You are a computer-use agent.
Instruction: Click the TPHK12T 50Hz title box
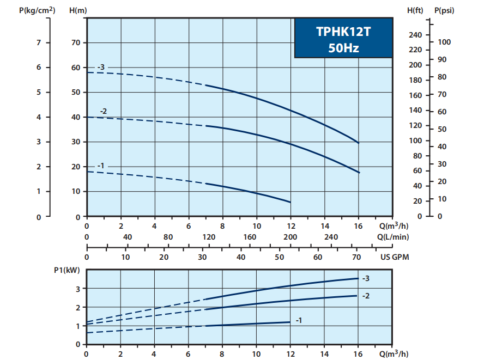pyautogui.click(x=343, y=38)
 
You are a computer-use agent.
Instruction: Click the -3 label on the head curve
pyautogui.click(x=101, y=67)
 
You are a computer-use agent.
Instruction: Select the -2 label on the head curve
pyautogui.click(x=104, y=111)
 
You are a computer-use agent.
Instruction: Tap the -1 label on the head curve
pyautogui.click(x=101, y=166)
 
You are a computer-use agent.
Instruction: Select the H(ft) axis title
pyautogui.click(x=415, y=10)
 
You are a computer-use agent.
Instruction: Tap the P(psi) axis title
pyautogui.click(x=444, y=10)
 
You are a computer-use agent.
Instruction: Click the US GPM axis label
pyautogui.click(x=395, y=257)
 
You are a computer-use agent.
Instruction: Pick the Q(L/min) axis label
pyautogui.click(x=393, y=237)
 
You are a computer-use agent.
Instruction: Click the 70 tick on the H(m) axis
pyautogui.click(x=76, y=42)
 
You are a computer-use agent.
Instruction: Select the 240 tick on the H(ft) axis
pyautogui.click(x=415, y=35)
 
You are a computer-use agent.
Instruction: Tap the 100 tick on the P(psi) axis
pyautogui.click(x=445, y=42)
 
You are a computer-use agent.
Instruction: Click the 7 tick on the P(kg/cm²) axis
pyautogui.click(x=39, y=42)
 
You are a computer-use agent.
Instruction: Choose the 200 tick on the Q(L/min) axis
pyautogui.click(x=291, y=237)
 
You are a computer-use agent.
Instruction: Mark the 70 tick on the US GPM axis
pyautogui.click(x=357, y=257)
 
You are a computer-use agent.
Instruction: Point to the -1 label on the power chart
pyautogui.click(x=299, y=321)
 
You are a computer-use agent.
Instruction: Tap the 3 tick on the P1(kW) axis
pyautogui.click(x=78, y=288)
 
